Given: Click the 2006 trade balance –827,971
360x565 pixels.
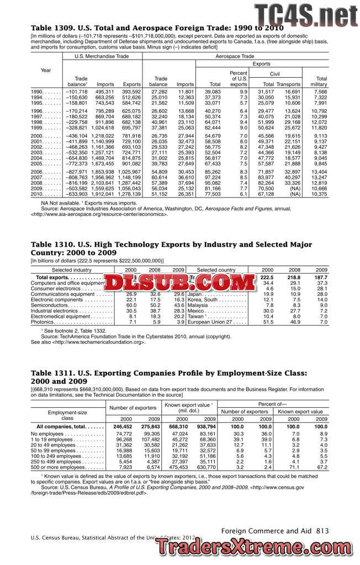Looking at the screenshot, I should pos(76,172).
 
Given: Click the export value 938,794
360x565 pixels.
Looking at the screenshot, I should pos(205,427).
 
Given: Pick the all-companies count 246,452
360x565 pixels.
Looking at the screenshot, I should pos(122,427).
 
